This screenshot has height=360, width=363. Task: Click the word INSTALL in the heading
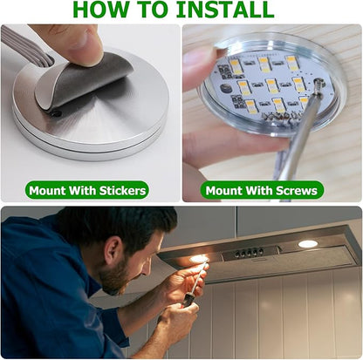225,10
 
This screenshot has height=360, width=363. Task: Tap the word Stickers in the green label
122,191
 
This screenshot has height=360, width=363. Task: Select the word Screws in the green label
296,191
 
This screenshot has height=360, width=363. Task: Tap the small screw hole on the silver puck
57,113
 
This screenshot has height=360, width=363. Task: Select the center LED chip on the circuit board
271,85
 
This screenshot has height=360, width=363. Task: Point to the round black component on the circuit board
224,88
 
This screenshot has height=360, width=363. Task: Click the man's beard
115,278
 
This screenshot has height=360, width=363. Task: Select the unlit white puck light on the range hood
308,243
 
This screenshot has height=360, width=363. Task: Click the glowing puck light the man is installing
199,259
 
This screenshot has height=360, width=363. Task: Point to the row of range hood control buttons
250,252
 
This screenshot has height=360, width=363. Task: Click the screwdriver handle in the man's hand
186,302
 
